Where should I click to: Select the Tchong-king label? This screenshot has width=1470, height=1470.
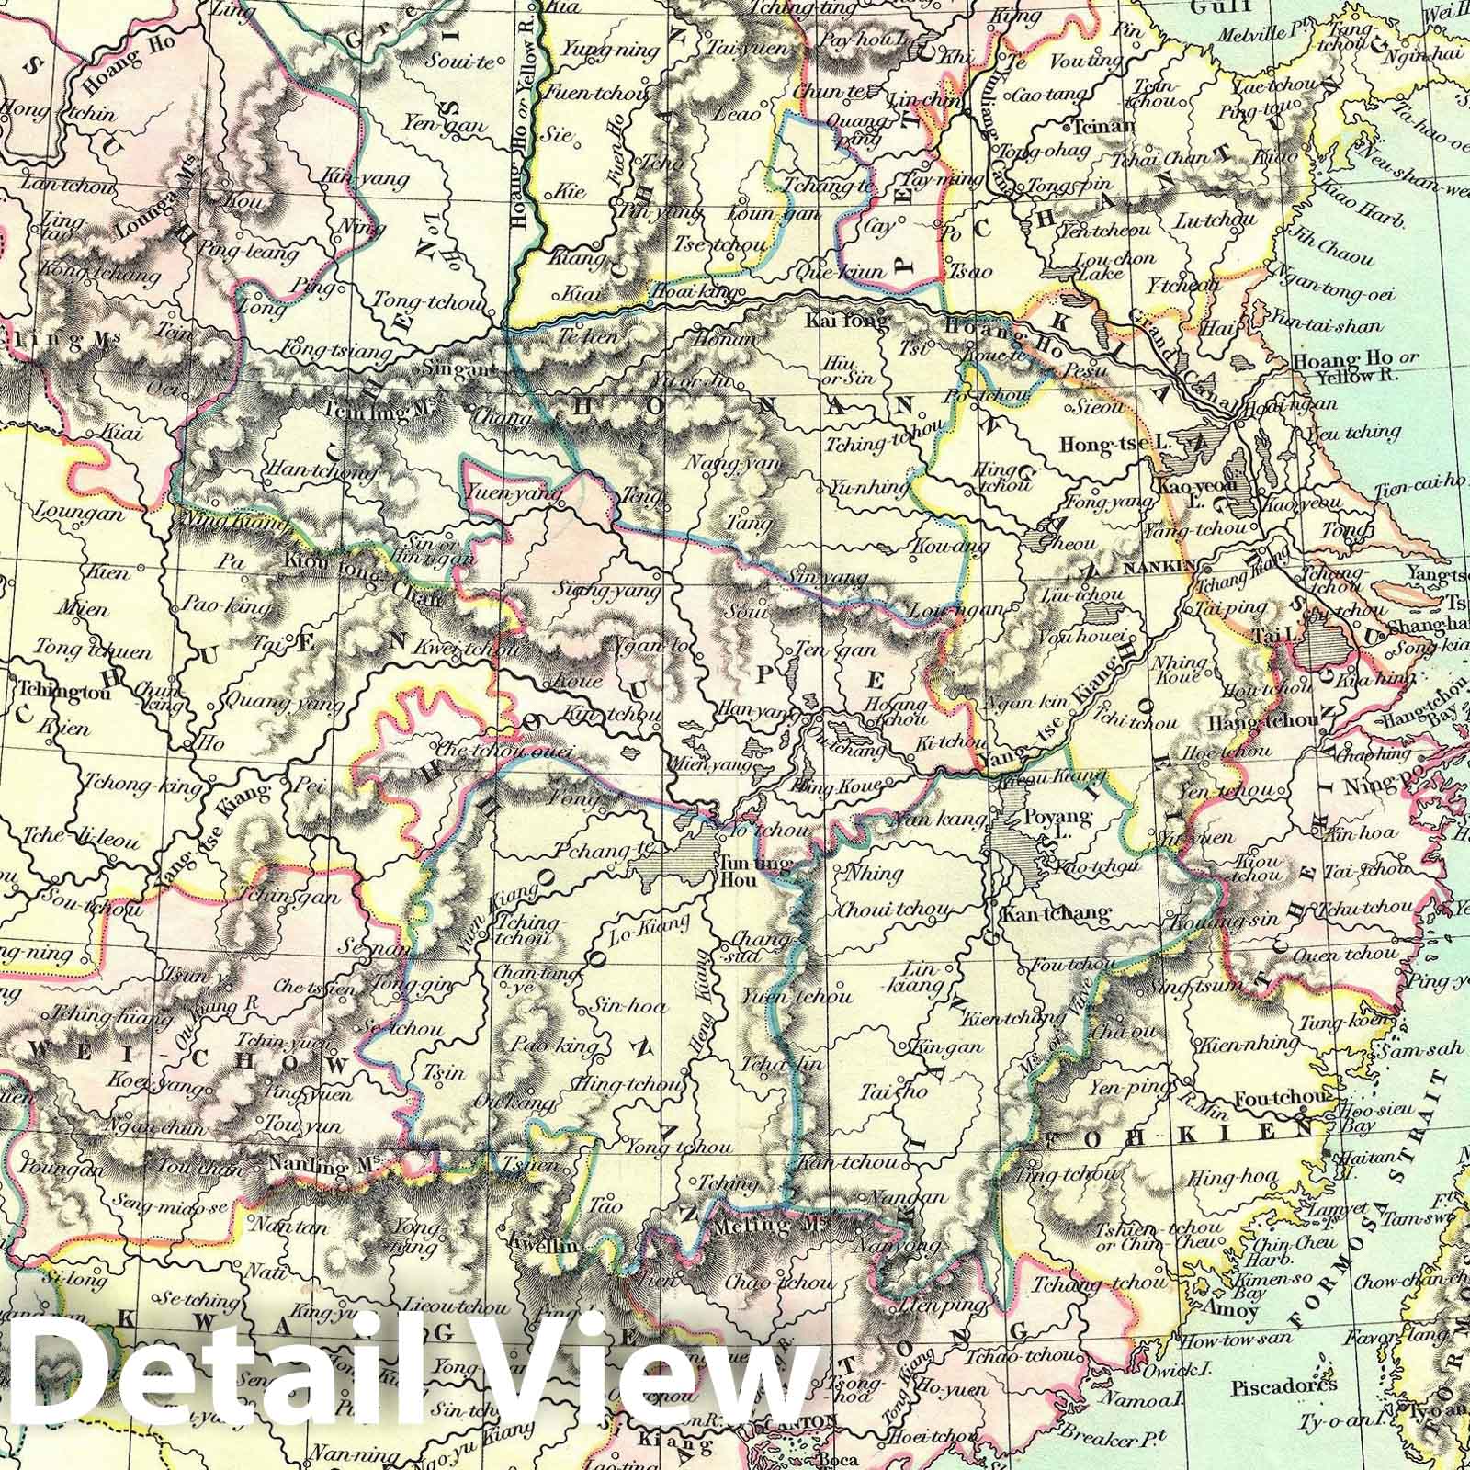point(142,786)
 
